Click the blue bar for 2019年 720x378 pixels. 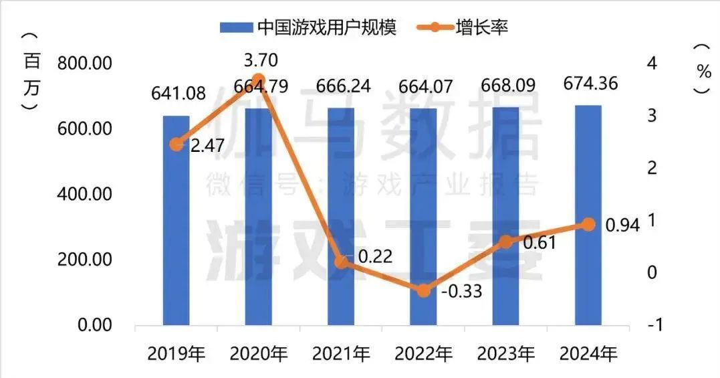click(x=176, y=221)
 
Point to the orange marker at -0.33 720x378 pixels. click(x=423, y=290)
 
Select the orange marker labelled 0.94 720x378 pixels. click(x=588, y=224)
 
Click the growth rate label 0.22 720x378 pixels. click(x=375, y=256)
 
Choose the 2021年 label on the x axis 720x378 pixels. click(x=342, y=353)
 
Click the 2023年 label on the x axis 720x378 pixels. click(x=507, y=353)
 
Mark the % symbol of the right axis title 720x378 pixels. click(x=703, y=70)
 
